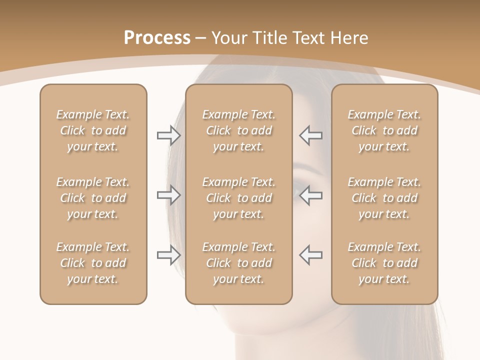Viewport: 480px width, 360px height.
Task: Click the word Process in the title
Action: [x=157, y=38]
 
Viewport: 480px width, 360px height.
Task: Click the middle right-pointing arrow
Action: [x=168, y=195]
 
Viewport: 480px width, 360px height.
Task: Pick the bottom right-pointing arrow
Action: [x=168, y=255]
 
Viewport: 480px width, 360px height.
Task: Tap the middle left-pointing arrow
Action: [x=311, y=195]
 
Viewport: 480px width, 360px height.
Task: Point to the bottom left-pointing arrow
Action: [x=311, y=255]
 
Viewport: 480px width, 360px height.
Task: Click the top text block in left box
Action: [x=93, y=130]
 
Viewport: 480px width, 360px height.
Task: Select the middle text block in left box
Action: [x=93, y=198]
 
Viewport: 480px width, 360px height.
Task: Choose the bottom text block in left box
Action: [x=93, y=263]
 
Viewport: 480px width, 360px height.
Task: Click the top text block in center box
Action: [x=238, y=130]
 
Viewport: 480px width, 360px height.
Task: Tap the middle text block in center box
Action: [x=238, y=198]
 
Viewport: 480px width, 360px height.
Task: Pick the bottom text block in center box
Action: [x=238, y=263]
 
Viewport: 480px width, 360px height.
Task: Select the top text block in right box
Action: [x=384, y=130]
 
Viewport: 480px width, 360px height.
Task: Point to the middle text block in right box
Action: [x=384, y=198]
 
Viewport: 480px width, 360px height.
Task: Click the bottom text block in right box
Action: [x=384, y=263]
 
